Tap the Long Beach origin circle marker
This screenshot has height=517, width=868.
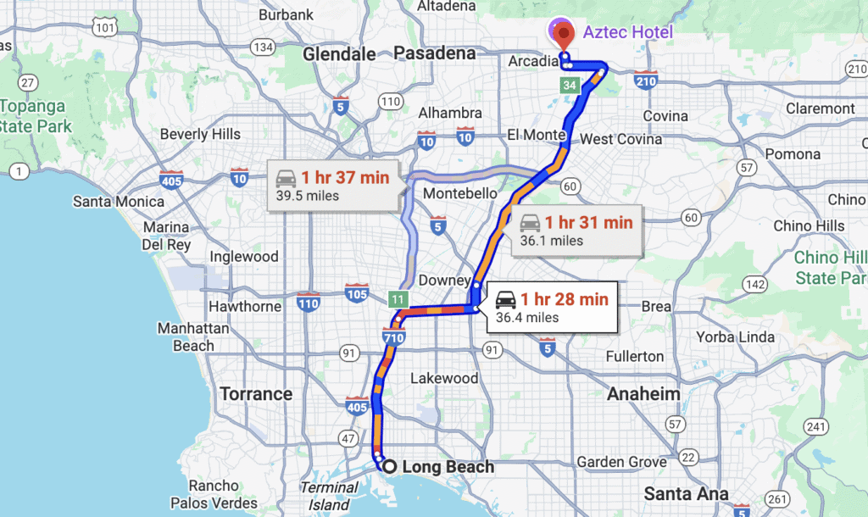[388, 466]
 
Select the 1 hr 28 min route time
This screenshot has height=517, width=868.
[564, 298]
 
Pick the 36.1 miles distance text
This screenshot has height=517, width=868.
[551, 241]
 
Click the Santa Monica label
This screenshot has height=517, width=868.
[119, 202]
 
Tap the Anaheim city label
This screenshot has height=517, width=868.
[643, 394]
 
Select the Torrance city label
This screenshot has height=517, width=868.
[256, 394]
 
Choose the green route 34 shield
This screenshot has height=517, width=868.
[569, 85]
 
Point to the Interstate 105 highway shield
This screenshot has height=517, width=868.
[356, 292]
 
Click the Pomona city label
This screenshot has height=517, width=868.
[793, 154]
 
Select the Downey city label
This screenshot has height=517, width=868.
[443, 281]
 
